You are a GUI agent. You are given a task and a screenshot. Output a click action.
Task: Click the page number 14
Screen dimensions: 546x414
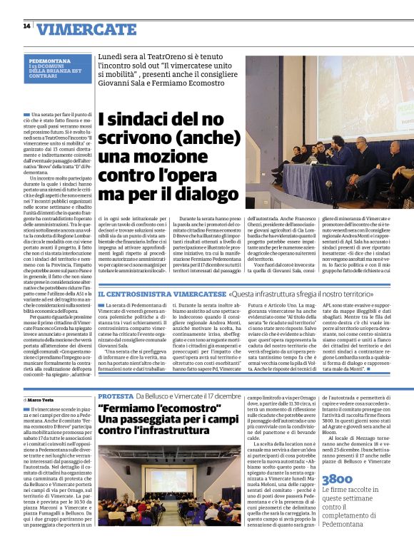click(26, 26)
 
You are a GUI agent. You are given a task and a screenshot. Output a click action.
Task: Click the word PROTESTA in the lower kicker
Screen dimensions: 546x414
click(115, 396)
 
